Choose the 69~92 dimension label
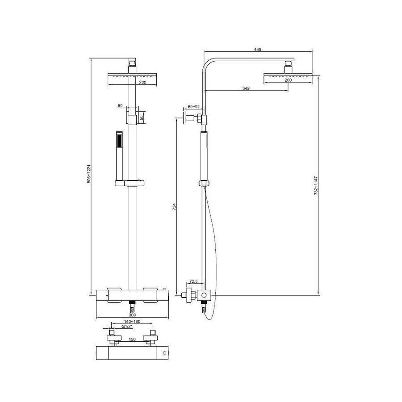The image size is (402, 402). tap(193, 107)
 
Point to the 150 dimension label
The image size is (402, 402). tap(132, 339)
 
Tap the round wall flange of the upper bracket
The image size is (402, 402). tap(184, 119)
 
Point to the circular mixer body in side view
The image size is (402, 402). tap(205, 295)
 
